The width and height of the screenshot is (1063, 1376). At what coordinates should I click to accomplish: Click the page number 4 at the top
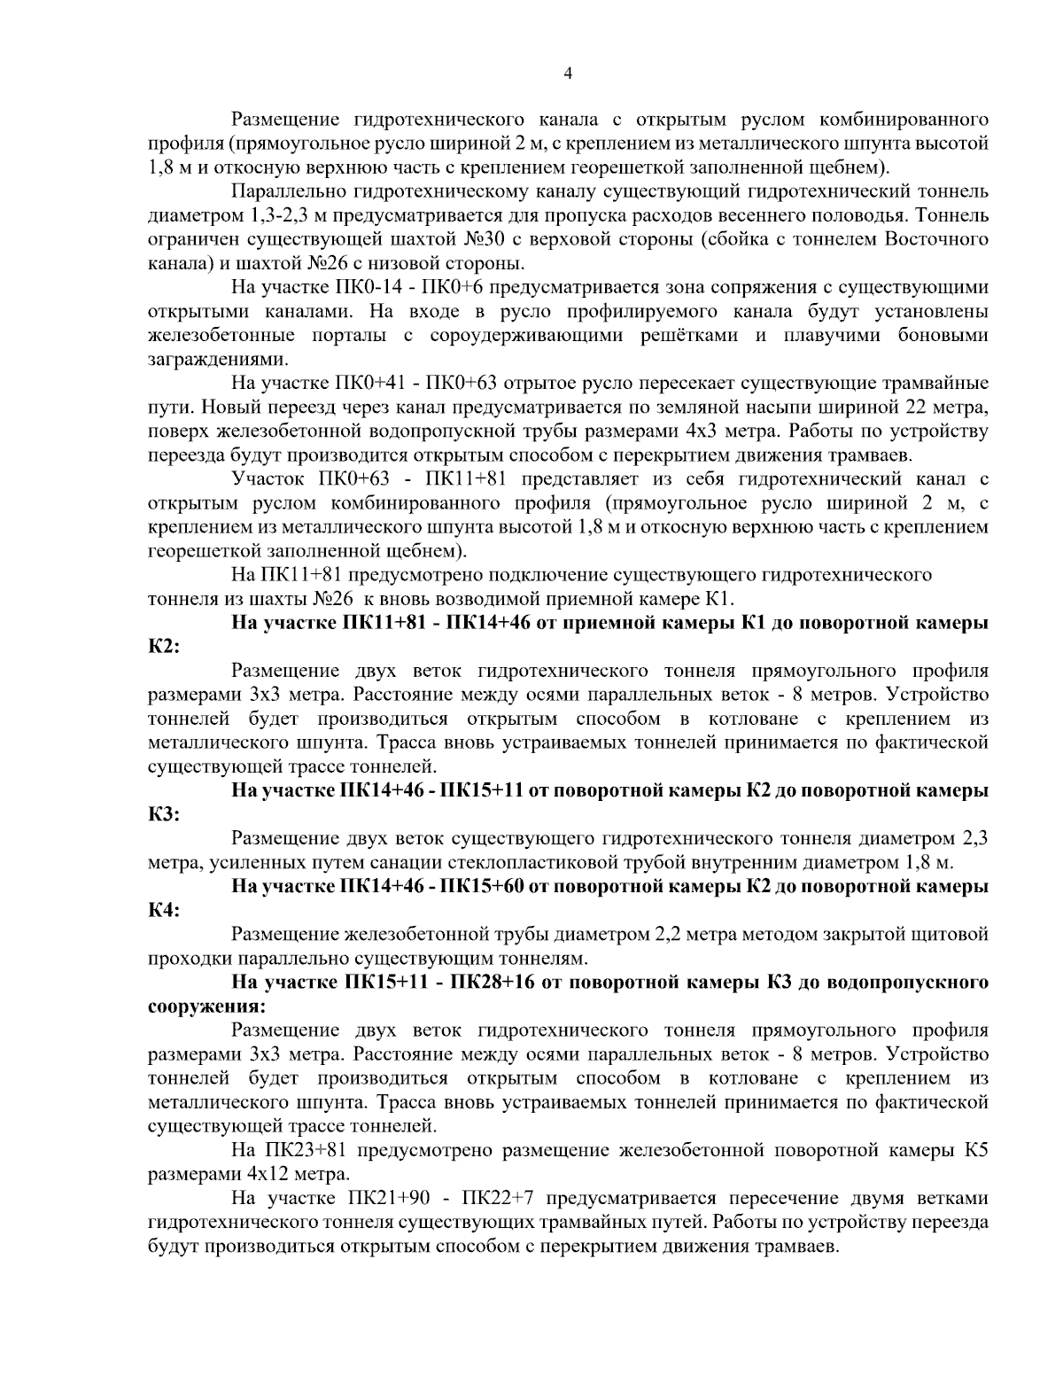pyautogui.click(x=568, y=74)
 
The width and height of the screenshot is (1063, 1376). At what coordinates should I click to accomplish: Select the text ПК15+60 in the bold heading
pyautogui.click(x=484, y=886)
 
